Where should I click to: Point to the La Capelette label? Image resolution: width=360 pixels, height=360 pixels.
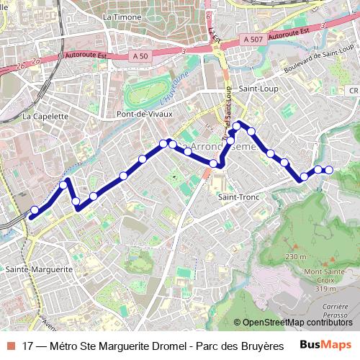point(45,115)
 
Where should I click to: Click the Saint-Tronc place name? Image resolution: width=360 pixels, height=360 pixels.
point(238,196)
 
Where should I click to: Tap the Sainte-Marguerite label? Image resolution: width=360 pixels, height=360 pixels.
point(39,269)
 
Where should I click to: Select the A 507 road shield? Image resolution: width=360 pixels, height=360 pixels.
point(253,40)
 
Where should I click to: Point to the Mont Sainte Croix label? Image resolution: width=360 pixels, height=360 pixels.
point(324,276)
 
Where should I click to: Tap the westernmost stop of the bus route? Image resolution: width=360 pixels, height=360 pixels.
point(34,211)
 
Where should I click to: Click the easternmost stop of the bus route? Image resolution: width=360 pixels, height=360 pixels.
point(329,170)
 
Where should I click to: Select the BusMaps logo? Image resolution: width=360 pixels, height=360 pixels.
point(326,345)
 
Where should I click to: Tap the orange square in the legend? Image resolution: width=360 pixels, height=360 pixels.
point(11,345)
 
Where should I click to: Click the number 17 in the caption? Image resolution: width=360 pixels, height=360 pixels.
point(28,345)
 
